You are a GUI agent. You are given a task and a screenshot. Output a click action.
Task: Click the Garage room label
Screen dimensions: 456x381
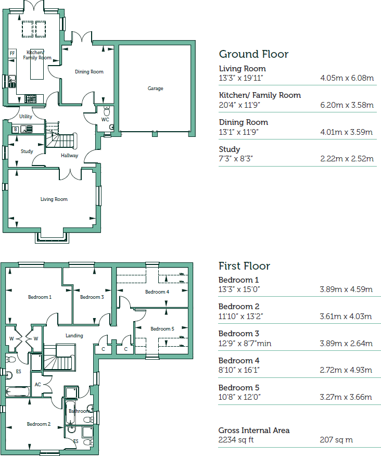(x=155, y=88)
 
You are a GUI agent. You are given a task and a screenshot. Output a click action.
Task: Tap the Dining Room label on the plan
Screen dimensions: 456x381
(x=89, y=72)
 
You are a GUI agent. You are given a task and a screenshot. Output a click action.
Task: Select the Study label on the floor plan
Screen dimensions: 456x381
(x=27, y=151)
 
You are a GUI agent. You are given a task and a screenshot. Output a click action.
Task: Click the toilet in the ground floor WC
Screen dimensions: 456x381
(x=107, y=111)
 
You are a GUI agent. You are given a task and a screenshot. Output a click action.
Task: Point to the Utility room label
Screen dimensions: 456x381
(x=26, y=117)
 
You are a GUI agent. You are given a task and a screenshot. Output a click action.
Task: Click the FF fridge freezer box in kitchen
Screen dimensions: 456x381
(x=12, y=53)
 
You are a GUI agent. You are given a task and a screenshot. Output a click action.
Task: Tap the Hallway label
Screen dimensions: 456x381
(x=70, y=156)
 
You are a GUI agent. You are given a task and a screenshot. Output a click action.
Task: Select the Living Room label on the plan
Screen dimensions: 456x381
(x=54, y=199)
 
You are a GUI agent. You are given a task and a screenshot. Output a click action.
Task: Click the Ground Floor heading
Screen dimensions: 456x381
(x=253, y=54)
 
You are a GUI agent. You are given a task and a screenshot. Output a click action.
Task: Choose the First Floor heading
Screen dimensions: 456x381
(x=244, y=266)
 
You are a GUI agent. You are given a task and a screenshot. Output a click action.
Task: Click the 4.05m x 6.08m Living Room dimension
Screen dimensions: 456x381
(x=347, y=78)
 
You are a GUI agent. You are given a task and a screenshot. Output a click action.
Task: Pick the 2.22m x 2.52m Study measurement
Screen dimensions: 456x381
(x=347, y=159)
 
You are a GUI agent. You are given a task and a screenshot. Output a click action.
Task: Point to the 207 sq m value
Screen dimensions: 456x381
(x=336, y=440)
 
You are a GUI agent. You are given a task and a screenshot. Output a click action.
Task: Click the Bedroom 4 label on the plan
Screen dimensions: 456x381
(x=157, y=292)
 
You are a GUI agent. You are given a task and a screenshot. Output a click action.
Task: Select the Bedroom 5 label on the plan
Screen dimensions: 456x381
(x=162, y=329)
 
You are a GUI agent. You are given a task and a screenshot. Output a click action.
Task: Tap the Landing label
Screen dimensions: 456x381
(x=74, y=336)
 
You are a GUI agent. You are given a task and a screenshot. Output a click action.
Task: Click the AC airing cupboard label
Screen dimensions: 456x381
(x=37, y=385)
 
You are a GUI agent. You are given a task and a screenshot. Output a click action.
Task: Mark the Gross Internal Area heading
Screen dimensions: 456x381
(x=254, y=430)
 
